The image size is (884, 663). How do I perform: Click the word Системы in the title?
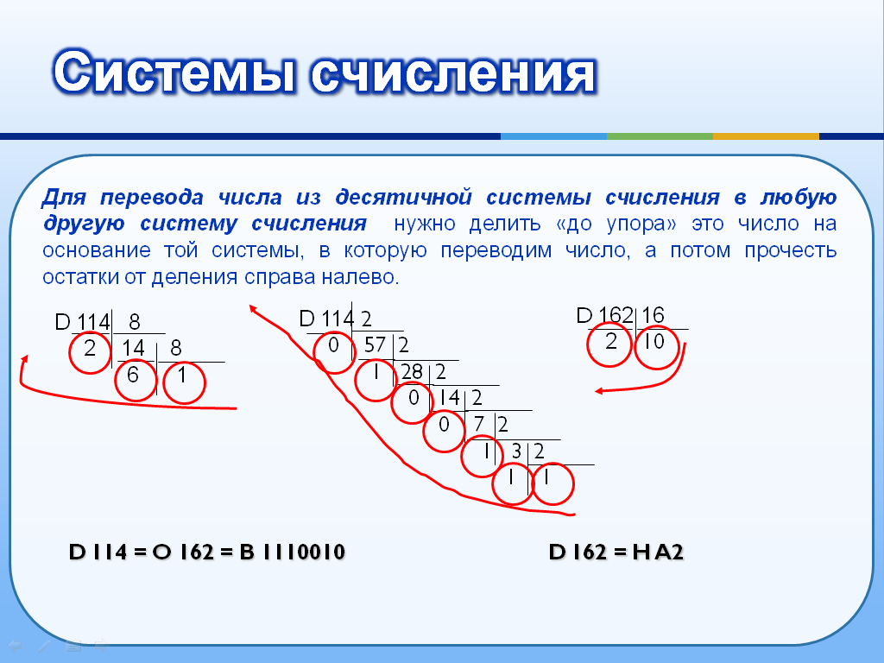click(x=174, y=73)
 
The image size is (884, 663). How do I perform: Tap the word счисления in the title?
click(x=452, y=73)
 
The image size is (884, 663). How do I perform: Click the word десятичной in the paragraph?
click(x=403, y=198)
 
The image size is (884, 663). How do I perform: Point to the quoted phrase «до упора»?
click(x=616, y=224)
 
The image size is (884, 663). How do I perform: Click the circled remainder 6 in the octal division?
click(x=136, y=380)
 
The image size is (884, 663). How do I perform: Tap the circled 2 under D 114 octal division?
click(x=90, y=352)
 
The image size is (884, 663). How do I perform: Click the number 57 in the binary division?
click(x=375, y=345)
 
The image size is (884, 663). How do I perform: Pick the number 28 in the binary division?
click(x=412, y=371)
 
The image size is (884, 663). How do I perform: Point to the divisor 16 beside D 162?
click(x=653, y=315)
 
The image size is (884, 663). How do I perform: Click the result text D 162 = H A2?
click(x=616, y=552)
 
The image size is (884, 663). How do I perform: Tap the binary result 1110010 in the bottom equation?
click(x=303, y=552)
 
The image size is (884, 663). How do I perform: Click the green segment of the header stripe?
click(x=660, y=136)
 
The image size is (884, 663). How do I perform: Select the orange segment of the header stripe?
click(x=767, y=136)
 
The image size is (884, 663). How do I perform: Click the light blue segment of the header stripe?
click(x=553, y=136)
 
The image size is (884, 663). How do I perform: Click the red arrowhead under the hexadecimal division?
click(x=599, y=391)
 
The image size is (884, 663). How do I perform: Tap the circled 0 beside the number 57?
click(x=334, y=351)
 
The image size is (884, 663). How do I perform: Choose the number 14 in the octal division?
click(x=134, y=349)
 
